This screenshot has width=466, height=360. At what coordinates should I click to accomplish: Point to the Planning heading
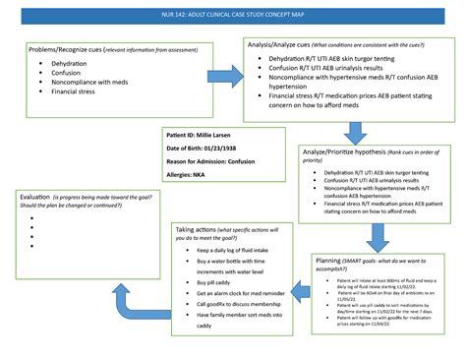point(335,261)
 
